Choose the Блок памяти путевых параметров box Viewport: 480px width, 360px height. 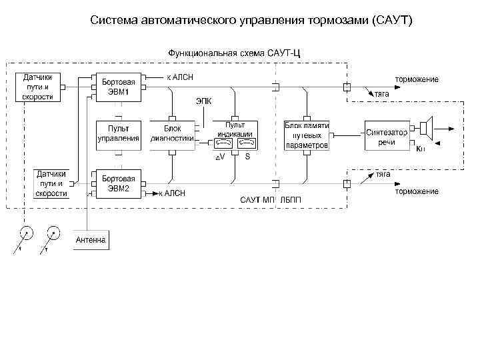click(x=307, y=135)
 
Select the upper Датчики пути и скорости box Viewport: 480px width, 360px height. click(x=38, y=87)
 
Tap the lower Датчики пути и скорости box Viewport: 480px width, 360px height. click(x=52, y=183)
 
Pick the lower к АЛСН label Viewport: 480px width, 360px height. click(x=172, y=193)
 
